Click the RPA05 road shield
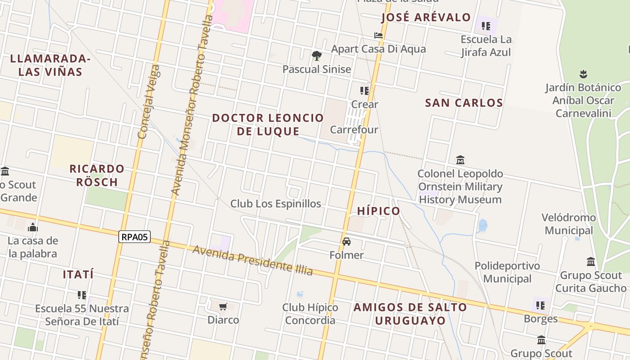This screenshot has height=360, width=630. (134, 237)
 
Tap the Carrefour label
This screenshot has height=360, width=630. (354, 130)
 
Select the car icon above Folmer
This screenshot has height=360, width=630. (346, 242)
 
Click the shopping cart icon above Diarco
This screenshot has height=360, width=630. (223, 307)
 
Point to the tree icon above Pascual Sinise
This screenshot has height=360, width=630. (317, 56)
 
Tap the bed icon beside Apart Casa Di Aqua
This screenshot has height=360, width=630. (378, 36)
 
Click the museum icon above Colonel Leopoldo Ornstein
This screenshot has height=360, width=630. (460, 160)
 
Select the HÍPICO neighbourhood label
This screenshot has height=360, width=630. (378, 211)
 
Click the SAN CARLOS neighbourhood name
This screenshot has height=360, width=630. (464, 103)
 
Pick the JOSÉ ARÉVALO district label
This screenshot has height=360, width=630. (426, 18)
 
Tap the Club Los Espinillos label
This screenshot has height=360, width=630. (276, 204)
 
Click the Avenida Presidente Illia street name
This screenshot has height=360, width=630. (252, 261)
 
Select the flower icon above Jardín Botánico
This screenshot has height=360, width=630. (583, 74)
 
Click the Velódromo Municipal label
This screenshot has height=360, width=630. (569, 224)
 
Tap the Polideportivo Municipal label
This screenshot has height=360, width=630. (507, 272)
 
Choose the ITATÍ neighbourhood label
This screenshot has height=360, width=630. (78, 274)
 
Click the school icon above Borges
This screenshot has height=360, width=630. (540, 306)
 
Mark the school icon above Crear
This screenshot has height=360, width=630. (364, 91)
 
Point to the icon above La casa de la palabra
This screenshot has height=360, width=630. (32, 227)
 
